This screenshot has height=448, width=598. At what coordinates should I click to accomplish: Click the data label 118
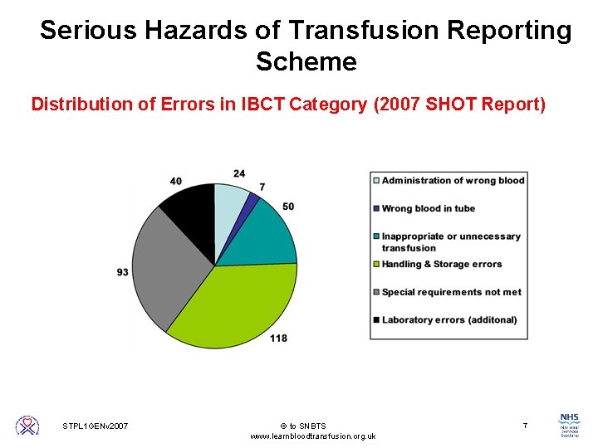click(278, 338)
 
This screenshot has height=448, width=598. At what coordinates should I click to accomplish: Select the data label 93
click(122, 272)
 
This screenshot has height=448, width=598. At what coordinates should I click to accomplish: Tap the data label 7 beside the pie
click(262, 187)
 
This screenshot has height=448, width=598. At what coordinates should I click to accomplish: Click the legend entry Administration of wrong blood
click(453, 180)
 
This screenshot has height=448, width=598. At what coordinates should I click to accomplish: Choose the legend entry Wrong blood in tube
click(429, 208)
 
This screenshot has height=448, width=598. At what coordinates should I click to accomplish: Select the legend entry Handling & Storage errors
click(441, 264)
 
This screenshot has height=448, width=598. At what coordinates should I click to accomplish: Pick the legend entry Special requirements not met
click(451, 292)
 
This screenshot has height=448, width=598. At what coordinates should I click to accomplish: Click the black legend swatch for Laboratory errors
click(376, 320)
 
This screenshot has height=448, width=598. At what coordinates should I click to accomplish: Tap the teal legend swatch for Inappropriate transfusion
click(376, 236)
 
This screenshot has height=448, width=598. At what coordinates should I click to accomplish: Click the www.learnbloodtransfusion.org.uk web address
click(312, 436)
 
